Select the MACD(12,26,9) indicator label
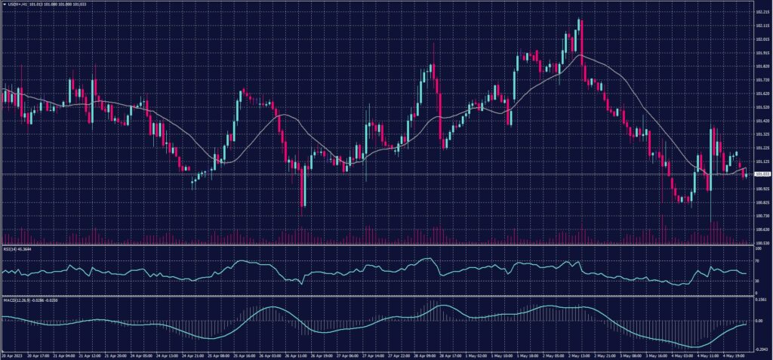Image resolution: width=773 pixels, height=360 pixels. (14, 300)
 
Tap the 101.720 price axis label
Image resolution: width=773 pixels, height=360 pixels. (762, 80)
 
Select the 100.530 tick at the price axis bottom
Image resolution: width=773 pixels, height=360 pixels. (762, 243)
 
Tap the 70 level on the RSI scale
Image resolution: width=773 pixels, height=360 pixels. (757, 260)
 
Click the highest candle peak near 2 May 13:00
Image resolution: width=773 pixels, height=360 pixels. (580, 19)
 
